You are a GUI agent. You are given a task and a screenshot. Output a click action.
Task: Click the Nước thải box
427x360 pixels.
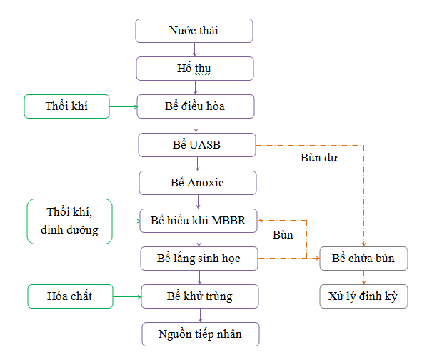click(194, 31)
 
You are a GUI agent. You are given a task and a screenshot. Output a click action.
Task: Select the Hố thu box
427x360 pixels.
click(195, 69)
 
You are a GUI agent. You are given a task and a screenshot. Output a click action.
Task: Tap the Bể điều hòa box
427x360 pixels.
click(196, 106)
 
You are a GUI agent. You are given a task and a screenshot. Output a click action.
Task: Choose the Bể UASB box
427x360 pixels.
click(197, 145)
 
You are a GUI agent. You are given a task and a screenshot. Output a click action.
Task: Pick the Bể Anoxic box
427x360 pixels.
click(198, 183)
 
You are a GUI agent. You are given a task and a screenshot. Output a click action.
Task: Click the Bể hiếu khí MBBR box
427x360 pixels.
click(199, 221)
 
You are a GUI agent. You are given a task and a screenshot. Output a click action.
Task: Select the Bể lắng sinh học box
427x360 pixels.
click(199, 259)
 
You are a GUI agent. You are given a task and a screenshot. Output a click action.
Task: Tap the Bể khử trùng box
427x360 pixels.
click(200, 296)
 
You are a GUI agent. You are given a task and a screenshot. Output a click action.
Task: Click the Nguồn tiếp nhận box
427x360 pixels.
click(201, 334)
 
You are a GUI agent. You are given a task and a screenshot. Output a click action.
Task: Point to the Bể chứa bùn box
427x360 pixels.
click(364, 259)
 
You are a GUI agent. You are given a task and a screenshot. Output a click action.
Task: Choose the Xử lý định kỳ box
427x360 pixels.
click(364, 296)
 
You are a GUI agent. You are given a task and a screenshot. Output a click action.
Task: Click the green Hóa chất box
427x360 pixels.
click(70, 296)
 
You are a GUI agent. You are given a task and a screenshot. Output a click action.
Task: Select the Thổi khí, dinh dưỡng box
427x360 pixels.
click(70, 221)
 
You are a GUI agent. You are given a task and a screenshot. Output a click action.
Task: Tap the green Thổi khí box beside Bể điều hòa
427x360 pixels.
click(66, 106)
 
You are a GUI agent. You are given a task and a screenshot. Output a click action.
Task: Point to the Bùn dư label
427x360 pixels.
click(318, 158)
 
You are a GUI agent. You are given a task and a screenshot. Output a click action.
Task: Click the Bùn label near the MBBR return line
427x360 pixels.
click(283, 235)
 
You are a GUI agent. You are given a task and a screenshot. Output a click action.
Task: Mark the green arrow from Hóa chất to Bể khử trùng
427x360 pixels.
click(127, 296)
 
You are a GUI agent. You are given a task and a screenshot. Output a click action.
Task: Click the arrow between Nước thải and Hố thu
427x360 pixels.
click(194, 49)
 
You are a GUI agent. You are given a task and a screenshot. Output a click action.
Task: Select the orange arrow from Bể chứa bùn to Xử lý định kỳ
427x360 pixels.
click(364, 277)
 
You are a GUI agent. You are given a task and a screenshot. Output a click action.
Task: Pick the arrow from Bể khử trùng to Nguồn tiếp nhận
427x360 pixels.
click(200, 315)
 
